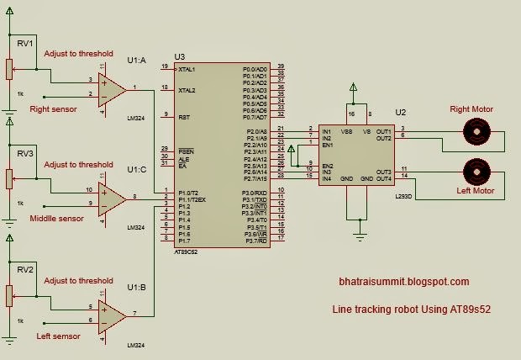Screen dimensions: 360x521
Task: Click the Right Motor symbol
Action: click(x=477, y=130)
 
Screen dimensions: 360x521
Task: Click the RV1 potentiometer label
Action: click(x=24, y=43)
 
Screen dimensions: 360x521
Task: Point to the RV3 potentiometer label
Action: click(x=24, y=154)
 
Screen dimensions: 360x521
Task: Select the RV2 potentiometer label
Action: click(x=24, y=269)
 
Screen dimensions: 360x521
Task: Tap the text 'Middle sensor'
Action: click(x=56, y=218)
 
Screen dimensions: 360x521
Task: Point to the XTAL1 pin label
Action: click(x=188, y=68)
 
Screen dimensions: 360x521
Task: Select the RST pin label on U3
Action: click(x=183, y=116)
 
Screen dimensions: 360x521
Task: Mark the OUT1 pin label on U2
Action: click(x=384, y=130)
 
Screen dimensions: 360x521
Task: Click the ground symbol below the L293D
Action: click(x=361, y=238)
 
